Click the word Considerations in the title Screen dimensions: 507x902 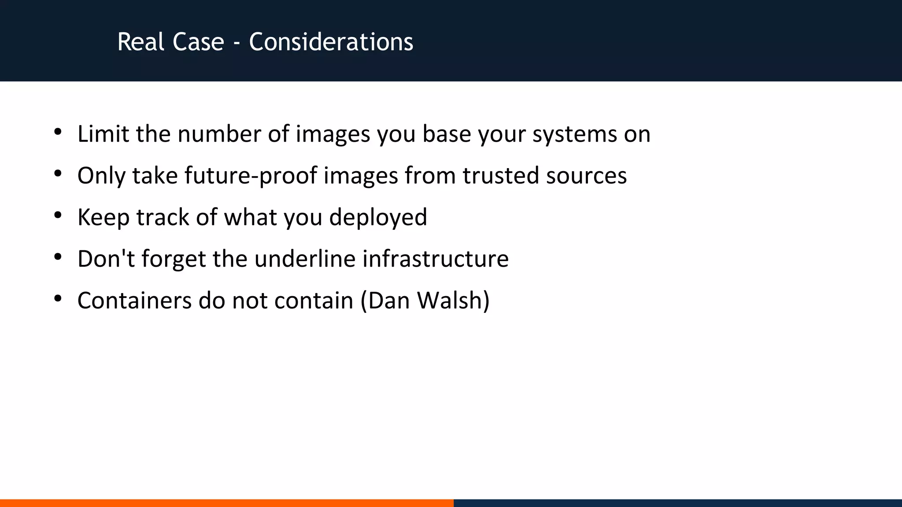pyautogui.click(x=331, y=42)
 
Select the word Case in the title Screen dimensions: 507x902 pyautogui.click(x=198, y=42)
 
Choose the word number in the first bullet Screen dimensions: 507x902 pyautogui.click(x=219, y=134)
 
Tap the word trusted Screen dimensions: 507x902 pyautogui.click(x=500, y=175)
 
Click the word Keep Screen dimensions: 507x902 pyautogui.click(x=103, y=217)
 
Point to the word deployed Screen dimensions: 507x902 pyautogui.click(x=378, y=217)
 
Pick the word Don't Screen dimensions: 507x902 pyautogui.click(x=106, y=258)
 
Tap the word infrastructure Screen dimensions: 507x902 pyautogui.click(x=436, y=258)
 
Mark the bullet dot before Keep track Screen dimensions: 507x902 pyautogui.click(x=58, y=216)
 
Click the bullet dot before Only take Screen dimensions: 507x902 pyautogui.click(x=58, y=174)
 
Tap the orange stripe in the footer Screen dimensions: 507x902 pyautogui.click(x=226, y=503)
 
